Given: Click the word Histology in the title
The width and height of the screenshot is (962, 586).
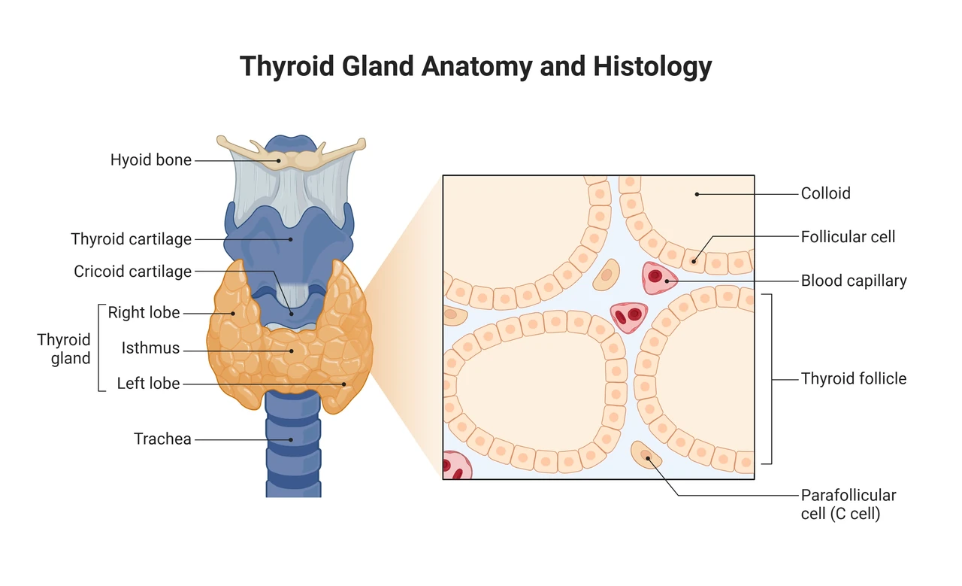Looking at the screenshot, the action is coord(652,67).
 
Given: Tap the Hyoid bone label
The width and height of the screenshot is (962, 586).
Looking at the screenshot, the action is coord(151,160).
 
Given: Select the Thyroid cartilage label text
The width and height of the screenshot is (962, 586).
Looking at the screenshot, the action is coord(131,239).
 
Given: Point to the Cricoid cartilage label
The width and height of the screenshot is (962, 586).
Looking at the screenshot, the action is coord(132,272).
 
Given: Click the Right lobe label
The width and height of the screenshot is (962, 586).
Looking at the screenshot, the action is coord(144,313).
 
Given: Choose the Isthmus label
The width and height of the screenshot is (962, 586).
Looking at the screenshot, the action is coord(150,348).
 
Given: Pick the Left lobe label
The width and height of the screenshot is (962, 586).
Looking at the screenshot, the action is coord(148,383).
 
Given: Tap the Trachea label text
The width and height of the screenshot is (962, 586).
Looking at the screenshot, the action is coord(162,439).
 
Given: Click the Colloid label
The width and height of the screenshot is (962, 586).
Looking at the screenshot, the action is coord(825,193).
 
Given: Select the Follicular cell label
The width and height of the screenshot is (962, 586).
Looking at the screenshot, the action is coord(848,237).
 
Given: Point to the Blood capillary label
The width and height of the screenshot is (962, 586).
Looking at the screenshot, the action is coord(854,281).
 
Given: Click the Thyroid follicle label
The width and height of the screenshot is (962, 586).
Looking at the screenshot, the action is coord(853,379).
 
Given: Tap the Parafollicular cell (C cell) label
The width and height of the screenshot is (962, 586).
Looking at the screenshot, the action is coord(849,504).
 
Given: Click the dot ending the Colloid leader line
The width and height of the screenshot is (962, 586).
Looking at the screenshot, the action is coord(697,194).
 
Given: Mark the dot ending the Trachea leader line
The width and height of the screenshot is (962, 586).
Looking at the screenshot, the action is coord(291,440).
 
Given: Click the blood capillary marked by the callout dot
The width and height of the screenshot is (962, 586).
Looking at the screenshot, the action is coord(659,278).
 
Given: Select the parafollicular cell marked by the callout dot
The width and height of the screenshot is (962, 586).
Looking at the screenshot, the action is coord(646,455).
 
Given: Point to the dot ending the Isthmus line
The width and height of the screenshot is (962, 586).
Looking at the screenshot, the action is coord(291,351).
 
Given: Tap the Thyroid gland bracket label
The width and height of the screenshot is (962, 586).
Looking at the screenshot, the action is coord(64,349).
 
